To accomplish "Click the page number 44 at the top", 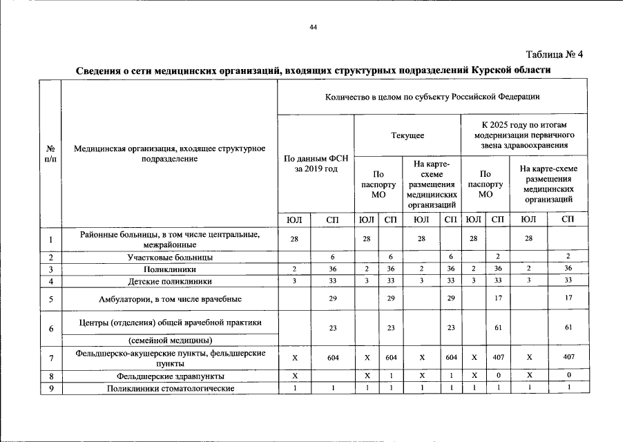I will tap(313, 27).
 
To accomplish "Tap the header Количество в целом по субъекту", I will tap(432, 97).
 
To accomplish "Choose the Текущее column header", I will tap(407, 135).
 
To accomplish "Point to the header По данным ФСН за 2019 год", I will tap(316, 164).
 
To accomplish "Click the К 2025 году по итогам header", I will tap(524, 135).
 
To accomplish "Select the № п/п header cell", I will tap(50, 153).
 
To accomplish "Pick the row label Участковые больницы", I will tap(169, 257).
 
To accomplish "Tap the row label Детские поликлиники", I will tap(169, 281).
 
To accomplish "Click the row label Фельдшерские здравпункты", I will tap(169, 376).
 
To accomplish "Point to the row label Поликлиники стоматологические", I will tap(169, 388).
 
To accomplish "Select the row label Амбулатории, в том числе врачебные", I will tap(169, 299).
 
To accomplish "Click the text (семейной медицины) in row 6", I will tap(169, 340).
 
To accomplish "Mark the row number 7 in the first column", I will tap(50, 358).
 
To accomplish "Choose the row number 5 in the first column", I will tap(50, 299).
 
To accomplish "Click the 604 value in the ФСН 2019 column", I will tap(333, 358).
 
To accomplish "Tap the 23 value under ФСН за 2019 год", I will tap(333, 328).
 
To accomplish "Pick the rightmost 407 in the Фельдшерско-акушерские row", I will tap(568, 358).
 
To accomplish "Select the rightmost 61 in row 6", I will tap(568, 328).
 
